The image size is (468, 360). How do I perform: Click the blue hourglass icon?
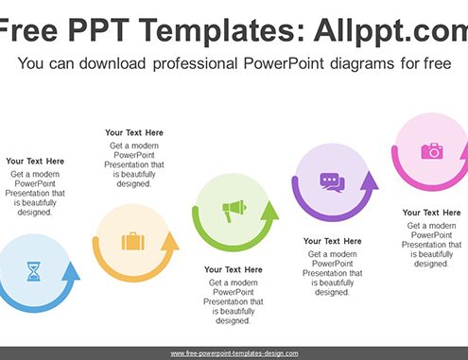point(33,271)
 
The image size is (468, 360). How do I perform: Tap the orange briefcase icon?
point(133,241)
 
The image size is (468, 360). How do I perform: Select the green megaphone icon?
point(234,211)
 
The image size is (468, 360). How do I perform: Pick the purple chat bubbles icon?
point(332,182)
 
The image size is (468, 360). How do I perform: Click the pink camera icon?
point(432,150)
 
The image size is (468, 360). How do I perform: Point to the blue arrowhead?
point(71,270)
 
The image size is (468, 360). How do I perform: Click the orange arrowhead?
point(170,241)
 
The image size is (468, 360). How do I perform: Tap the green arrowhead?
point(269,210)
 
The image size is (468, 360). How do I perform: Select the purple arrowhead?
point(369,180)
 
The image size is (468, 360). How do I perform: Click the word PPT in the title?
point(98,30)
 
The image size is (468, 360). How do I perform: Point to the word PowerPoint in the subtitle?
point(284,63)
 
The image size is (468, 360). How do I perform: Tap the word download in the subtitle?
point(113,63)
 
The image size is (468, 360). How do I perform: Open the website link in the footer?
point(234,353)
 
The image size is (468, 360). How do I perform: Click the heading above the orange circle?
point(134,132)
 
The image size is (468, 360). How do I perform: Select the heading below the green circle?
point(234,269)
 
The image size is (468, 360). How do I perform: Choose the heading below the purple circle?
point(332,241)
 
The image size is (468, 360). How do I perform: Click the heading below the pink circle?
point(431,213)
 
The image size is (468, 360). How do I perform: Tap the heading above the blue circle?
point(35,162)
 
